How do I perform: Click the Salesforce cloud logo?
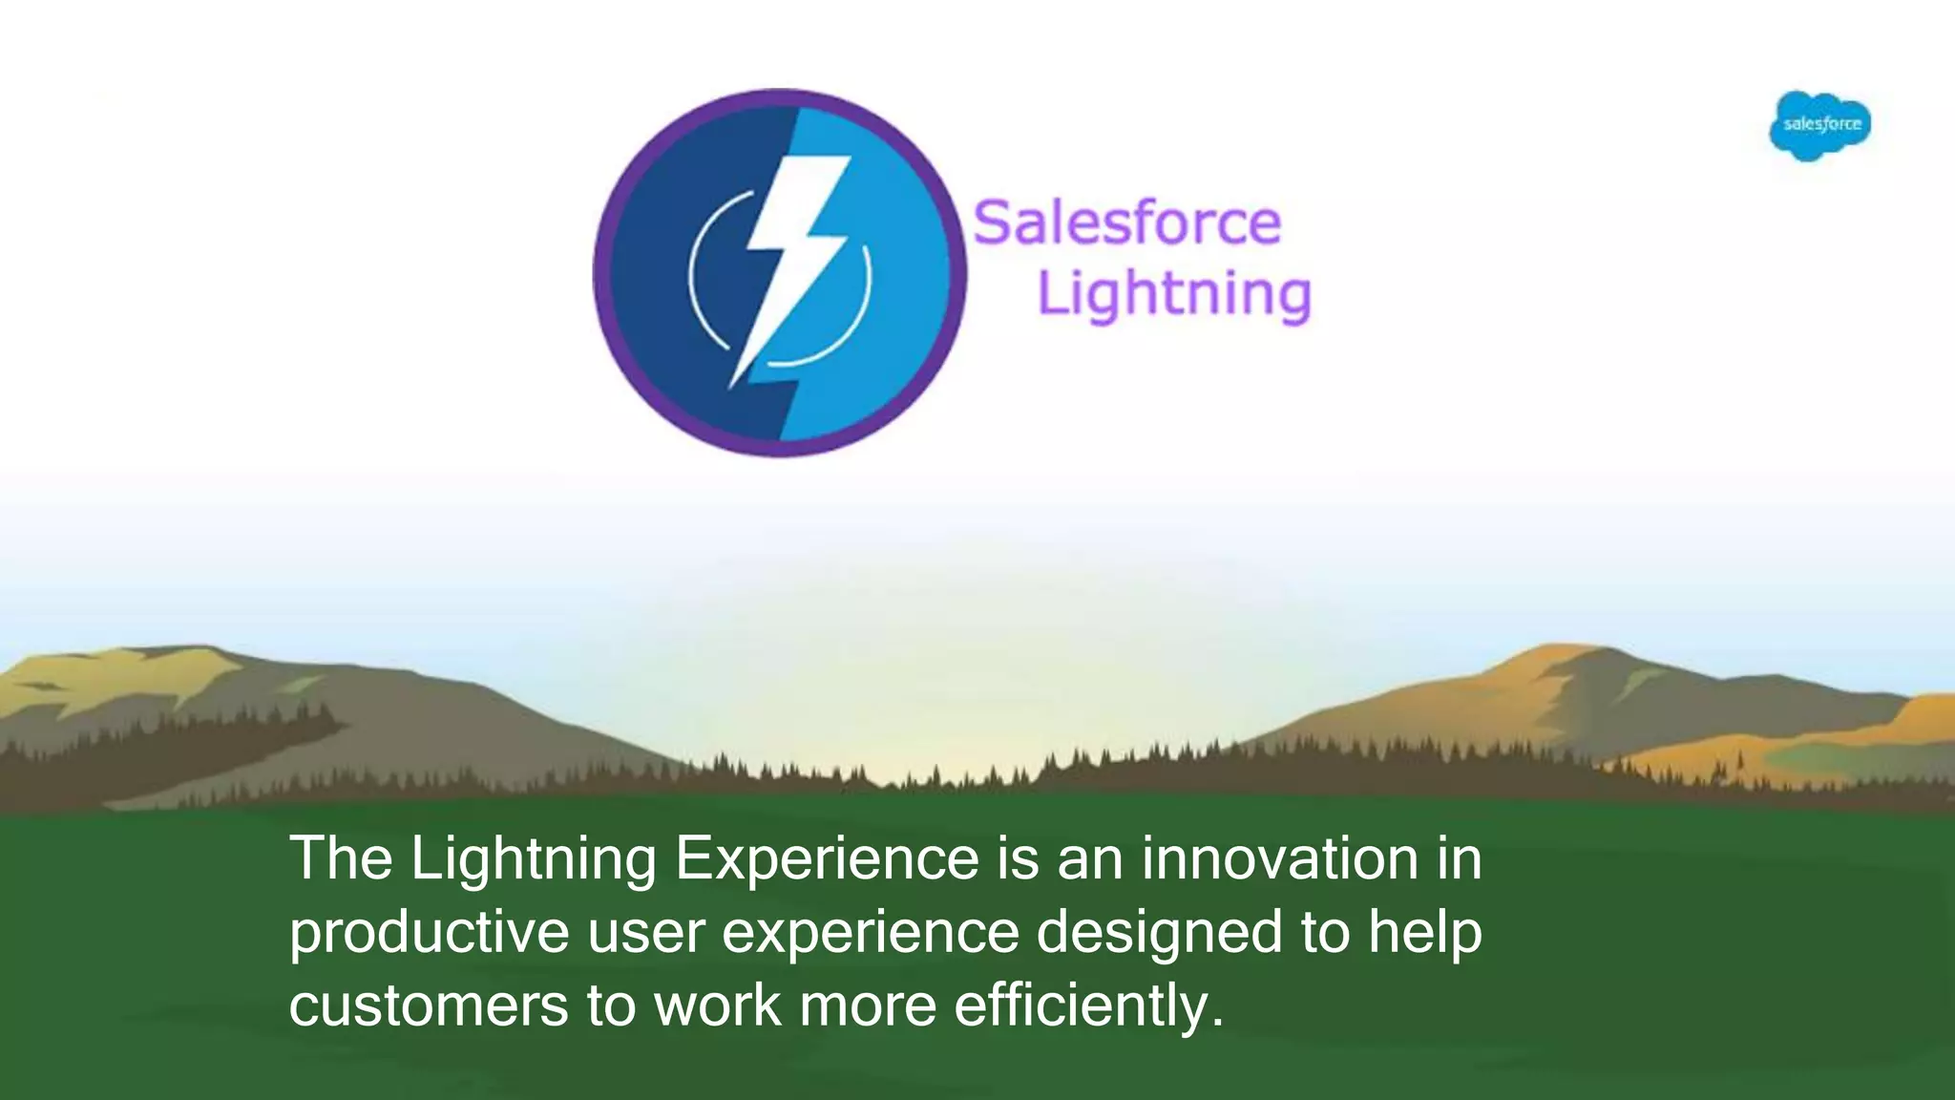pos(1820,125)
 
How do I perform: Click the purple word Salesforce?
pos(1126,223)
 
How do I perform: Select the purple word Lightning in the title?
pos(1174,294)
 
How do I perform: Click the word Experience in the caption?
pos(828,858)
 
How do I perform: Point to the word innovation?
pos(1280,857)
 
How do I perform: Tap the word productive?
pos(429,933)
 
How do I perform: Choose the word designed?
pos(1160,933)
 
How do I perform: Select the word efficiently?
pos(1088,1005)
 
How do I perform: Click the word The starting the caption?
pos(341,857)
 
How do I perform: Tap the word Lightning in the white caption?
pos(534,859)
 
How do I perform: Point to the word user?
pos(645,933)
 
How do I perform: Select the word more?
pos(868,1005)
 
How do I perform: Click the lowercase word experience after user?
pos(871,933)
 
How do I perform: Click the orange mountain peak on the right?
pos(1566,659)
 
